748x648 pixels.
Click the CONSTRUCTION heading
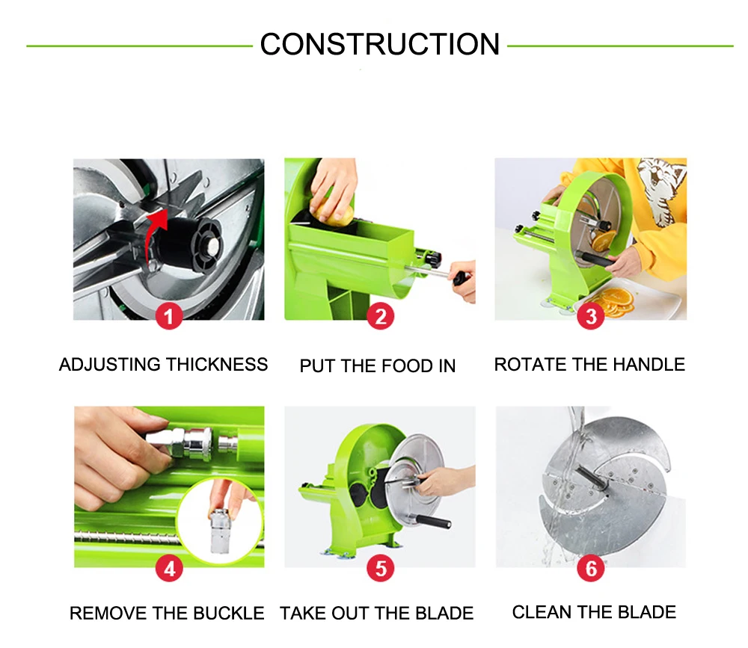click(380, 44)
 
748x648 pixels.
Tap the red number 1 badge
click(169, 316)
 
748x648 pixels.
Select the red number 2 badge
click(380, 316)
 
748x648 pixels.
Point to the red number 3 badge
click(591, 316)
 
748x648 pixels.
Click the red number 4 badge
click(169, 568)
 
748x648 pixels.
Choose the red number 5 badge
click(380, 568)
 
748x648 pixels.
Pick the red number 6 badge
click(591, 568)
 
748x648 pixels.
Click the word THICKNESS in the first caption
click(217, 365)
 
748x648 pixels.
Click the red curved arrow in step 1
click(153, 234)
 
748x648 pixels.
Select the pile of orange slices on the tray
click(616, 301)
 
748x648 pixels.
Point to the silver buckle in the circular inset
click(220, 531)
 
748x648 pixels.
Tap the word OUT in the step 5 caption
click(346, 613)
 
